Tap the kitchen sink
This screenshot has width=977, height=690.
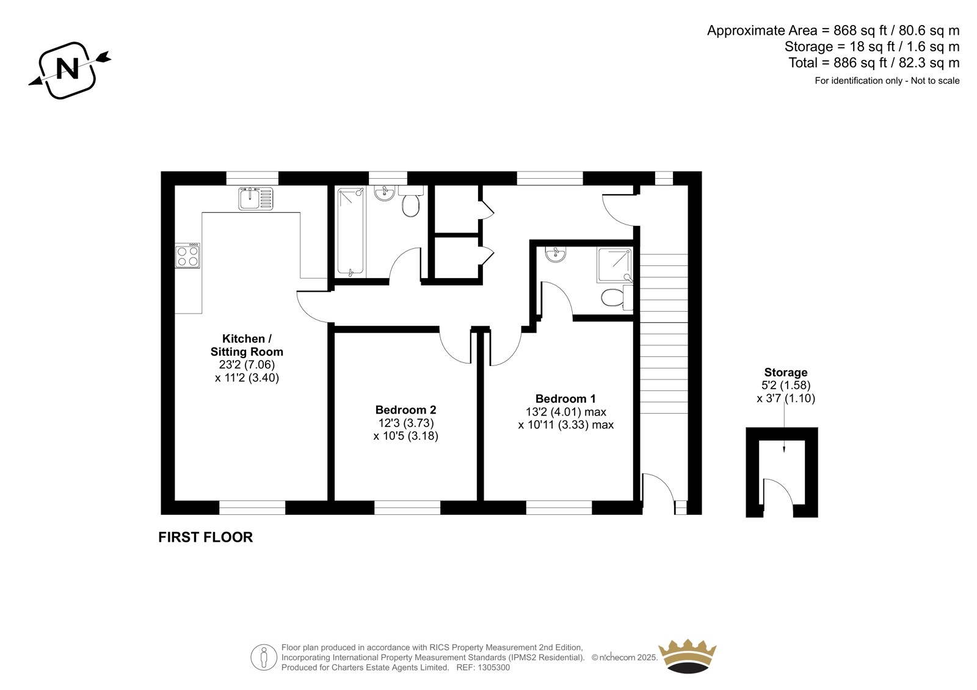tap(256, 199)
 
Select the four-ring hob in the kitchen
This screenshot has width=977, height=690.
tap(188, 256)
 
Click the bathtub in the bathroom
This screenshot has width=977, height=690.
tap(350, 232)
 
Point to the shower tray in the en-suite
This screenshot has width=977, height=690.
tap(614, 265)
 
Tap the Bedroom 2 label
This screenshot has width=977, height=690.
tap(405, 410)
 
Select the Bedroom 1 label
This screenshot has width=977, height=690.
tap(565, 398)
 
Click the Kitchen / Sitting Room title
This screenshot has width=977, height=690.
tap(247, 345)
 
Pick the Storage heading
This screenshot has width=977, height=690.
tap(785, 372)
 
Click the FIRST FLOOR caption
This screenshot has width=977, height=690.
tap(205, 537)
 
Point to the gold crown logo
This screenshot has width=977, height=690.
tap(688, 656)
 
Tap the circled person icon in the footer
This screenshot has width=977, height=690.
tap(264, 657)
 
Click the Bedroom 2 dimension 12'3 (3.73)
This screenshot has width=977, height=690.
tap(405, 423)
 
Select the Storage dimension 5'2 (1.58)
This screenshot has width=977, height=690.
tap(785, 386)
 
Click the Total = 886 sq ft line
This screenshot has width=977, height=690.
tap(874, 63)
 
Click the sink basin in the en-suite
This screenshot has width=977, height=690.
tap(555, 254)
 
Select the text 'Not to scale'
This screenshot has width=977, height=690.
tap(935, 81)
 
